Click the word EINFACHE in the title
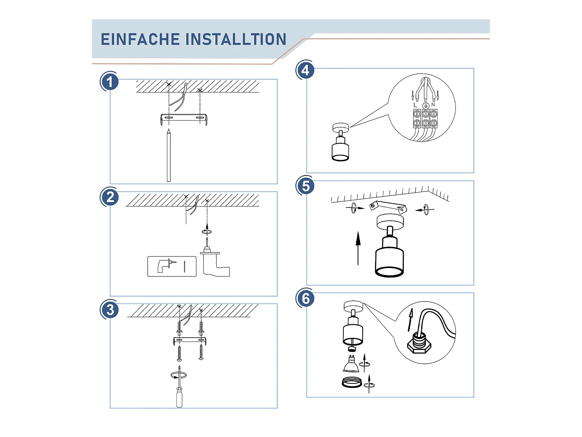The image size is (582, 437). (140, 39)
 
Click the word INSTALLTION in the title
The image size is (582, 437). (236, 39)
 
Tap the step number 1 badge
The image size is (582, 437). (109, 82)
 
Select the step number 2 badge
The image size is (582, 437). (109, 197)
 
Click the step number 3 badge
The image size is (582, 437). (109, 310)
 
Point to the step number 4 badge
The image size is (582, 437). (306, 70)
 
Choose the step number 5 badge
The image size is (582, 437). (306, 186)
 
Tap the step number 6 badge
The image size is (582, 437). (306, 298)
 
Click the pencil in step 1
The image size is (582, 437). (169, 155)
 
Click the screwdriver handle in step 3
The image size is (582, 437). (179, 397)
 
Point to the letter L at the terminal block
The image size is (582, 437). (415, 105)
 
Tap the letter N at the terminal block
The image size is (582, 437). (433, 105)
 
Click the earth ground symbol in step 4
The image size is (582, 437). (426, 106)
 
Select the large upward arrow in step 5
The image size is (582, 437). (358, 248)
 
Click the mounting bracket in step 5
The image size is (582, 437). (388, 207)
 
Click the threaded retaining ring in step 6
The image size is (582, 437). (352, 382)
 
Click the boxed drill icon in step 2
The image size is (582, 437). (172, 267)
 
